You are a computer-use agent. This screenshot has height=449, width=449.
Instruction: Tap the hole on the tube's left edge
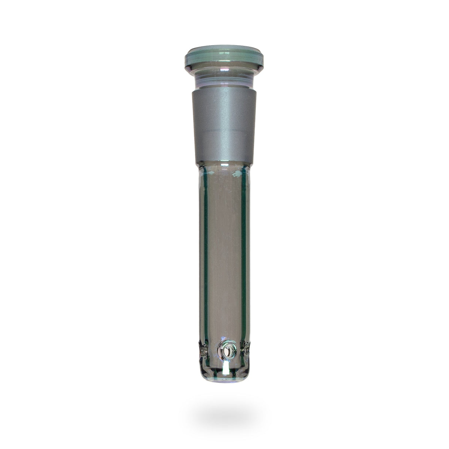coord(203,349)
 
